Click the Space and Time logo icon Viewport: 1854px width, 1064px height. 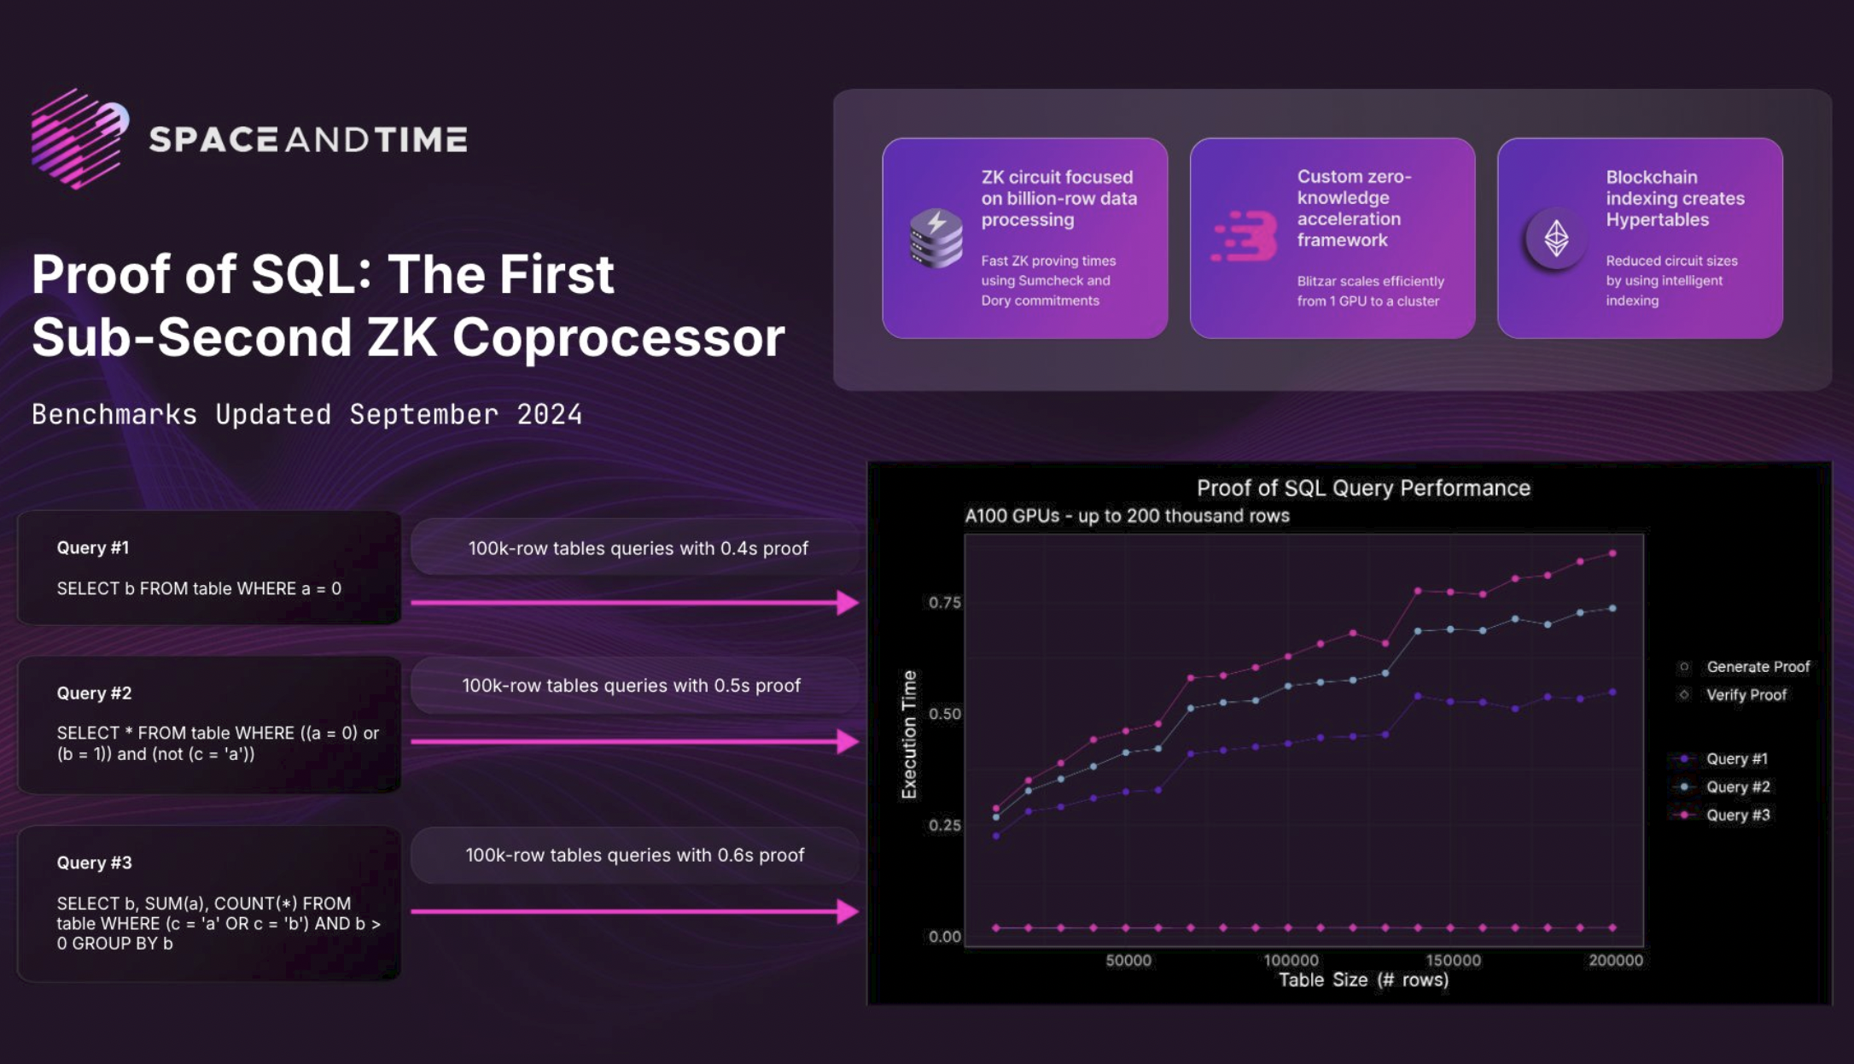point(79,138)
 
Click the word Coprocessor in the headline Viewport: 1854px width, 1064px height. point(618,337)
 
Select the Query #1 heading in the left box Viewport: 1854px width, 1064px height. point(93,547)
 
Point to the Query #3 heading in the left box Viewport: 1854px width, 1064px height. point(94,862)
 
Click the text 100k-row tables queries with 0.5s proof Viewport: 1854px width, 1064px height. point(632,686)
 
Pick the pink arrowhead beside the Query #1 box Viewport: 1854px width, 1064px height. point(848,603)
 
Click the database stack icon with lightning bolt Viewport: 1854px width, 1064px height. point(936,238)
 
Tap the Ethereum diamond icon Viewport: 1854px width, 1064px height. point(1556,238)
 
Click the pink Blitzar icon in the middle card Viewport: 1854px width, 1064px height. point(1245,236)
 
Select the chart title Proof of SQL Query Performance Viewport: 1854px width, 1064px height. point(1363,488)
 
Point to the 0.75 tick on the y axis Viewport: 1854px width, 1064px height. point(945,603)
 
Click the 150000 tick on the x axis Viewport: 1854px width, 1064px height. point(1453,960)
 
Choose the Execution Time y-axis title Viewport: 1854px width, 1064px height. point(909,734)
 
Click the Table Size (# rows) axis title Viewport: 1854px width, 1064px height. point(1363,979)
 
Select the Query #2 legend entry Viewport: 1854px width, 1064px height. point(1724,786)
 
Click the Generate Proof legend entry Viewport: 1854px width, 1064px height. point(1745,667)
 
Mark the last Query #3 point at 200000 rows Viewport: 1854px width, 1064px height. point(1612,553)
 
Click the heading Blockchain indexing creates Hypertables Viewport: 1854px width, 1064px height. point(1675,198)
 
